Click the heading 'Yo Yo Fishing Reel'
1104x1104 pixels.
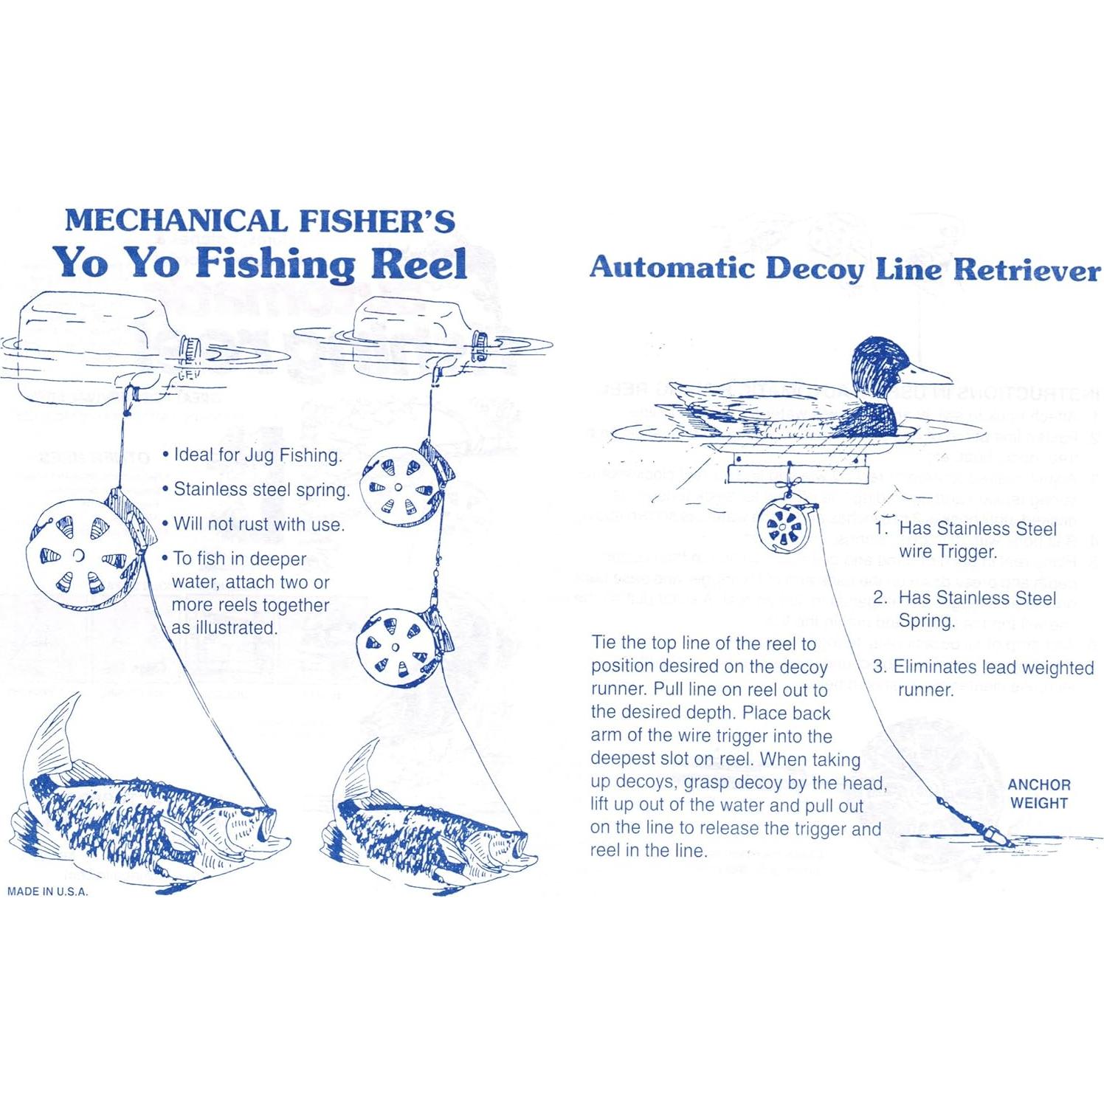point(259,263)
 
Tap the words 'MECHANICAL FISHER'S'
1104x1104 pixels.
point(259,221)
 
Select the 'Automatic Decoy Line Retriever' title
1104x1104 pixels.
point(844,269)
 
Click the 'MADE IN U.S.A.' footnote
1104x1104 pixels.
point(47,891)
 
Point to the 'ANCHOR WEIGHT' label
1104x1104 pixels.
point(1038,794)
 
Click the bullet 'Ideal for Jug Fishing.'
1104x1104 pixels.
point(253,455)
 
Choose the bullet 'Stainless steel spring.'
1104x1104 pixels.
point(256,490)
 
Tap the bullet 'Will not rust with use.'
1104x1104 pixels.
point(254,525)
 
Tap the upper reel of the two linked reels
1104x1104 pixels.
point(398,487)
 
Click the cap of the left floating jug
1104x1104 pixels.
point(190,349)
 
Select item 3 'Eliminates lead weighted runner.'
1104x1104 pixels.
point(983,678)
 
